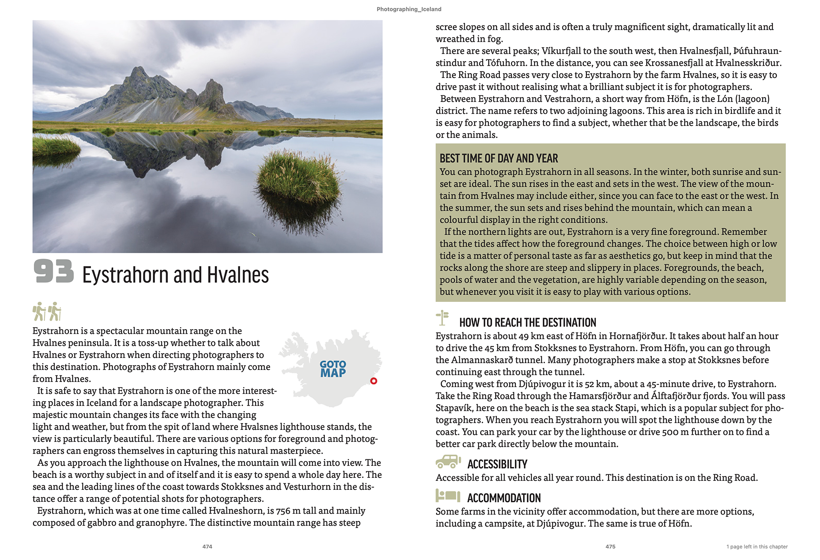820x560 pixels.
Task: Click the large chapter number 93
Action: click(x=53, y=271)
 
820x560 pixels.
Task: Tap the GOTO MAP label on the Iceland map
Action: click(x=333, y=369)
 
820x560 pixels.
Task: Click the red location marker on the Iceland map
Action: click(x=374, y=381)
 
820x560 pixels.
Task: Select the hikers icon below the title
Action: click(x=47, y=311)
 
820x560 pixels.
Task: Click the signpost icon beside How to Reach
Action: click(x=442, y=318)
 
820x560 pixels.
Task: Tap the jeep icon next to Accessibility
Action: click(x=448, y=462)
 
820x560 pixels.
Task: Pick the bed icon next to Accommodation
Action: click(x=448, y=496)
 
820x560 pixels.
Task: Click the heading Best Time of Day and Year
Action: click(x=499, y=158)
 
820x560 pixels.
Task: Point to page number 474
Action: click(x=207, y=547)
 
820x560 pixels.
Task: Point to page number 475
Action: click(x=610, y=547)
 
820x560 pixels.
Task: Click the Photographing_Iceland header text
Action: click(x=409, y=9)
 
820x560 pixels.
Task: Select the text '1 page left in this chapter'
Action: click(x=757, y=547)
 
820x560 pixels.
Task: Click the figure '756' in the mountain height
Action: click(x=283, y=511)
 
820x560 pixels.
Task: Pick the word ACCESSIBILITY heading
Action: click(x=497, y=464)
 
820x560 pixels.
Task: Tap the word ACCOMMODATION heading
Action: click(x=504, y=498)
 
